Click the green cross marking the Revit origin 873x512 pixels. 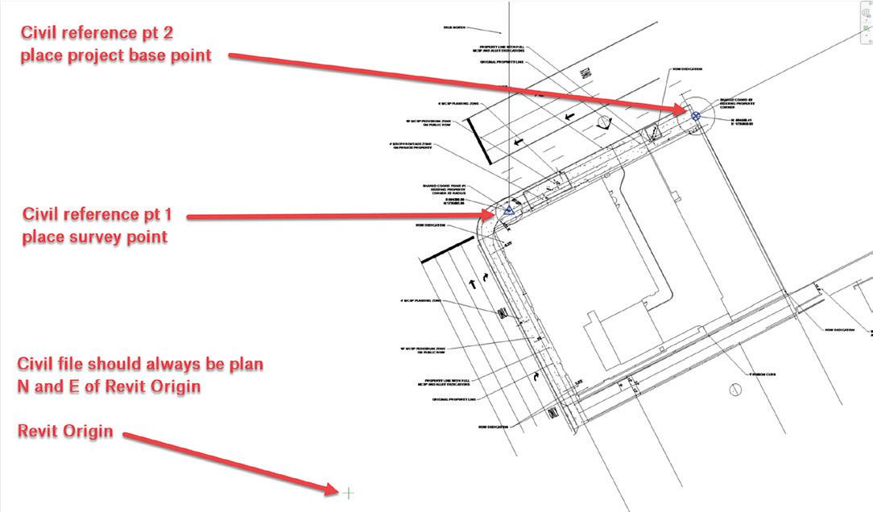tap(348, 492)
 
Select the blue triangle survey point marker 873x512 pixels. tap(508, 210)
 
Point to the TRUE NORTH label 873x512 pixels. tap(454, 27)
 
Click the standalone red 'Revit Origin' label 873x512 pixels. tap(65, 431)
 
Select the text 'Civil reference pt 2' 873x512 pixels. tap(97, 34)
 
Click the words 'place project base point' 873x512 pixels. tap(116, 56)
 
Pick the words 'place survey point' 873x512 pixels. tap(95, 237)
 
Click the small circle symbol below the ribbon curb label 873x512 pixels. tap(734, 390)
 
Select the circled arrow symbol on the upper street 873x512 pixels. tap(605, 122)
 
